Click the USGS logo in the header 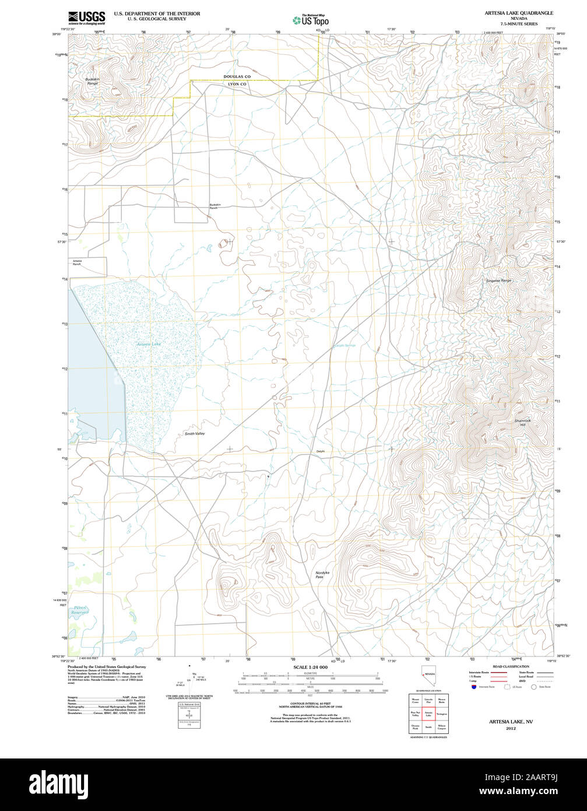pyautogui.click(x=87, y=17)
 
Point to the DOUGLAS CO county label pyautogui.click(x=237, y=76)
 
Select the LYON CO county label pyautogui.click(x=237, y=85)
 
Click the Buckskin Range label pyautogui.click(x=92, y=81)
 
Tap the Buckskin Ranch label pyautogui.click(x=215, y=207)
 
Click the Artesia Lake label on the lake pyautogui.click(x=149, y=344)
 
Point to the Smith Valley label pyautogui.click(x=195, y=434)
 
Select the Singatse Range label pyautogui.click(x=498, y=281)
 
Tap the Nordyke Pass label pyautogui.click(x=322, y=575)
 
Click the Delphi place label pyautogui.click(x=320, y=451)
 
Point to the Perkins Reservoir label pyautogui.click(x=79, y=611)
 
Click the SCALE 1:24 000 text pyautogui.click(x=310, y=667)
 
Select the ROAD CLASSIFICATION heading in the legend pyautogui.click(x=511, y=666)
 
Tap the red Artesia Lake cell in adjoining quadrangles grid pyautogui.click(x=428, y=714)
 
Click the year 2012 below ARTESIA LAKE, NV pyautogui.click(x=511, y=729)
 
